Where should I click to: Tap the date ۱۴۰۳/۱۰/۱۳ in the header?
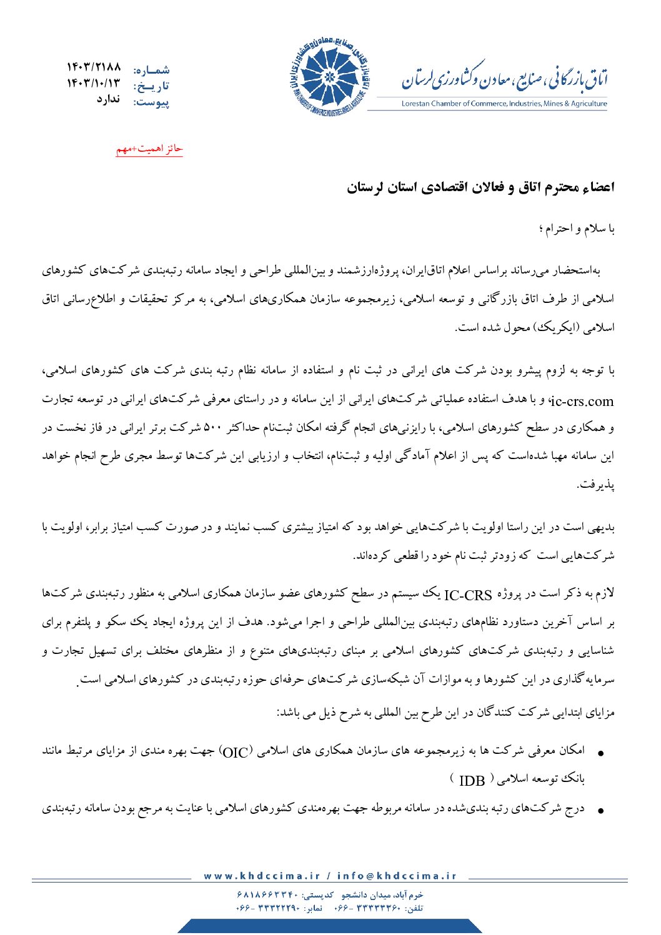(x=94, y=83)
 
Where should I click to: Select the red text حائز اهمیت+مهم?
(x=149, y=149)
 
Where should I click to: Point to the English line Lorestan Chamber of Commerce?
(x=504, y=104)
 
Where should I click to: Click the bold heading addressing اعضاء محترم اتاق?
(x=480, y=187)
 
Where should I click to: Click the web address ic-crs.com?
(x=584, y=400)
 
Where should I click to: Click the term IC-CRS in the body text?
(x=468, y=595)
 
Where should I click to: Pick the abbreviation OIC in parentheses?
(x=236, y=751)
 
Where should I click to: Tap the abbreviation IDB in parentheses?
(x=472, y=781)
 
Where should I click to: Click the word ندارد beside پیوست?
(x=108, y=99)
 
